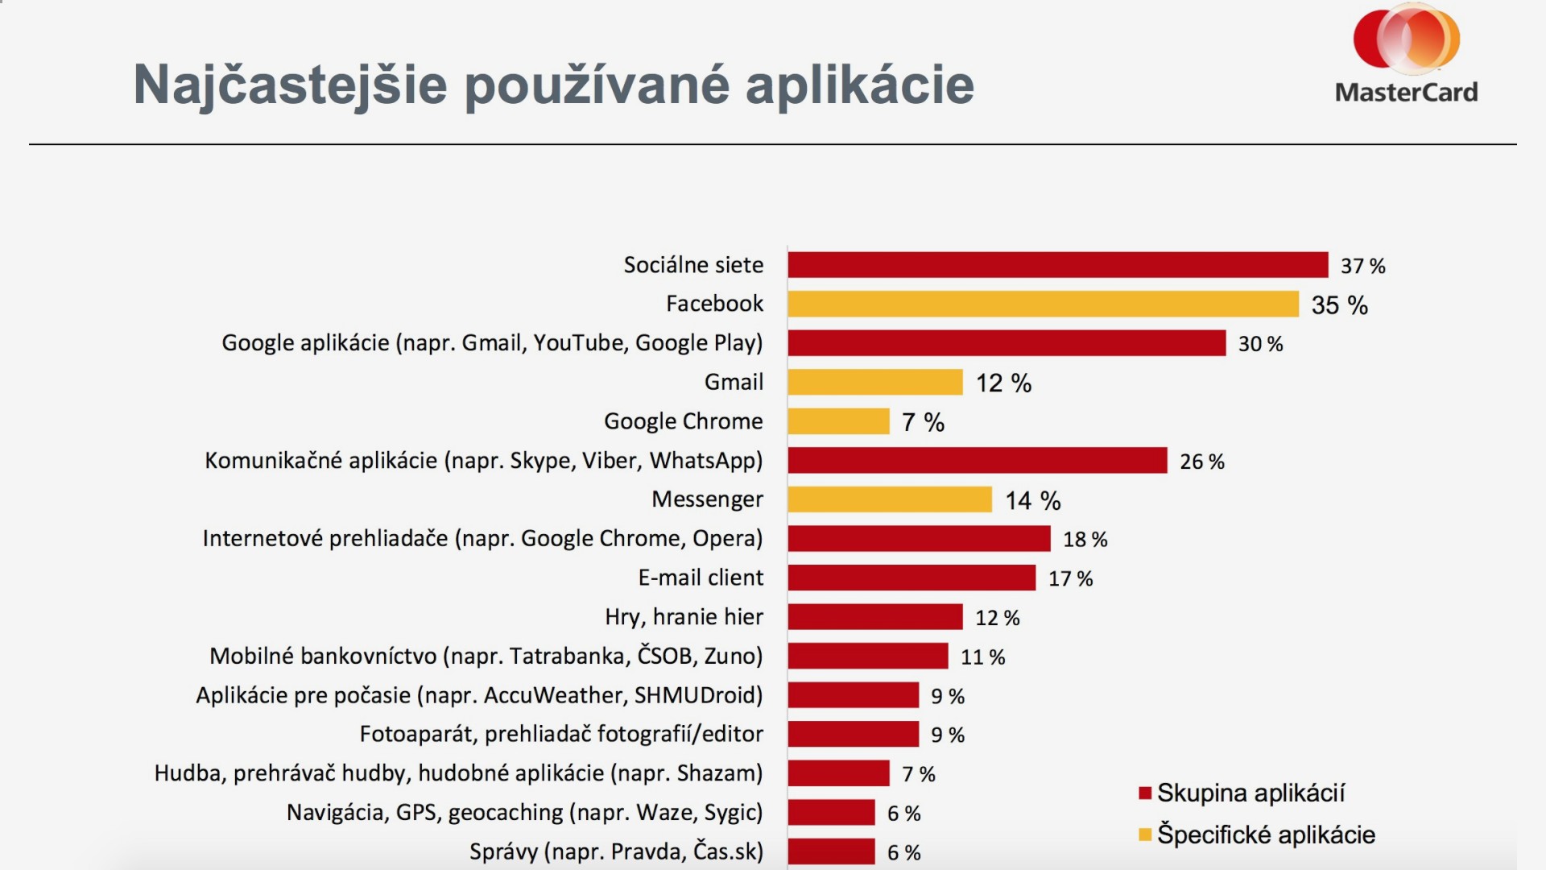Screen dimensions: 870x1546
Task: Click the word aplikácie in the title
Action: tap(859, 85)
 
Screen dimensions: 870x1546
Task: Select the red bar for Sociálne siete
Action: tap(1057, 265)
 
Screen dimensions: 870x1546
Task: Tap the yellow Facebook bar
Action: tap(1043, 304)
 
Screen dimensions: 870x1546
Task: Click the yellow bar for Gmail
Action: tap(874, 382)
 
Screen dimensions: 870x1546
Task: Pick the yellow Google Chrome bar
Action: tap(838, 421)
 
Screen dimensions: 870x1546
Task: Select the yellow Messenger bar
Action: tap(889, 499)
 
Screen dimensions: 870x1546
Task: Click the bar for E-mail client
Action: tap(911, 578)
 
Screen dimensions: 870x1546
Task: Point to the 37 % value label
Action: tap(1362, 266)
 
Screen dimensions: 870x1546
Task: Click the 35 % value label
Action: tap(1339, 305)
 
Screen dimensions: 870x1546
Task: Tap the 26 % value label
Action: tap(1201, 462)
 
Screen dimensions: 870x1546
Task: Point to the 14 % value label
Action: tap(1032, 501)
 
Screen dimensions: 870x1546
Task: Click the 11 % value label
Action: tap(982, 657)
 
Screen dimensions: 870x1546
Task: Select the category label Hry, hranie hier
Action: tap(684, 617)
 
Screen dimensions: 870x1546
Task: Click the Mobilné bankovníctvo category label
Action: tap(486, 656)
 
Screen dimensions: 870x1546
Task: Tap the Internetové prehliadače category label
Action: tap(482, 538)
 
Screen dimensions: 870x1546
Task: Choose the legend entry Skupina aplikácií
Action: tap(1250, 793)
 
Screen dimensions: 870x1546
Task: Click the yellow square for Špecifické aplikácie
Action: tap(1145, 835)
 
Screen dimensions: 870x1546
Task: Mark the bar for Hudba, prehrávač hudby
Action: tap(838, 773)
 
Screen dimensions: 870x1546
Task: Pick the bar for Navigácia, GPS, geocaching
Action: tap(831, 812)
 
